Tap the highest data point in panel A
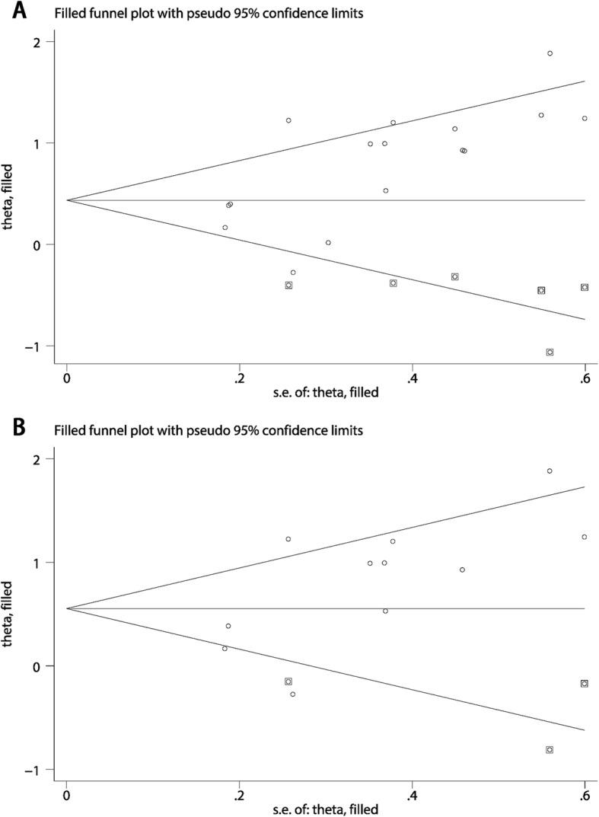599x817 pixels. coord(550,53)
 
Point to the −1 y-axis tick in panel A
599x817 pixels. coord(35,346)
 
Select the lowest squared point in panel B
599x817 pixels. coord(550,750)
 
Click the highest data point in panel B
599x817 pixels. coord(550,471)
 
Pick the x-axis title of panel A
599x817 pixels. coord(325,393)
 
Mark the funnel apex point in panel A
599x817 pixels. coord(67,200)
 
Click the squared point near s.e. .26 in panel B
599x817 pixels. coord(288,681)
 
